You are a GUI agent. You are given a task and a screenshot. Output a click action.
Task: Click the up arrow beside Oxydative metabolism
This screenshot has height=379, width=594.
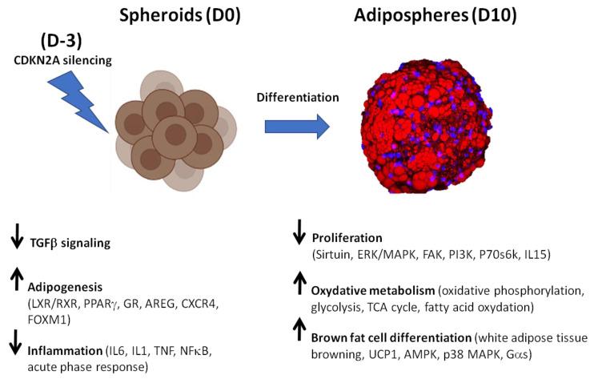tap(299, 283)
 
